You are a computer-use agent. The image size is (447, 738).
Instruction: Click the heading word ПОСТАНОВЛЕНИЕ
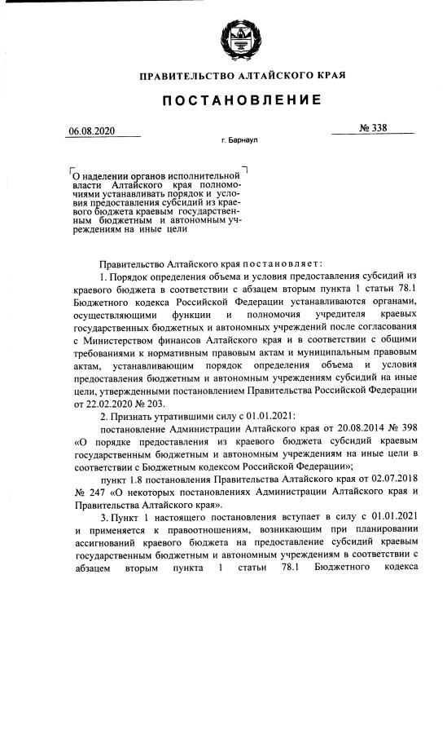(x=242, y=100)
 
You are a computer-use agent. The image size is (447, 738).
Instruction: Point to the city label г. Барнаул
(x=239, y=141)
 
